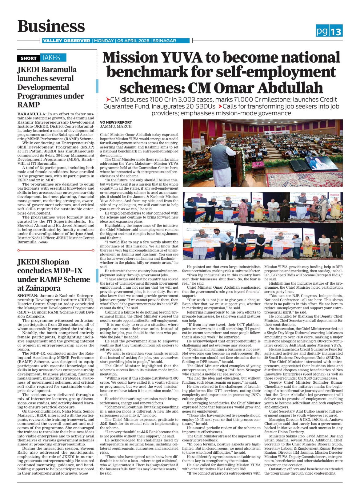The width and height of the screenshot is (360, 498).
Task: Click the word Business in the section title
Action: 51,26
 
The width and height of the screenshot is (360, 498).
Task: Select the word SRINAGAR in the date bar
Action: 165,41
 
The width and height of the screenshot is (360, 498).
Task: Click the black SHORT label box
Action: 29,58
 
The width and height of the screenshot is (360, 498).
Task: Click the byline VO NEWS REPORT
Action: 116,122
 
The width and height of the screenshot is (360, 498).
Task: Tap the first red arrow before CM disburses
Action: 108,100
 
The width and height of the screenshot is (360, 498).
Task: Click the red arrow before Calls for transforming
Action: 220,106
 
